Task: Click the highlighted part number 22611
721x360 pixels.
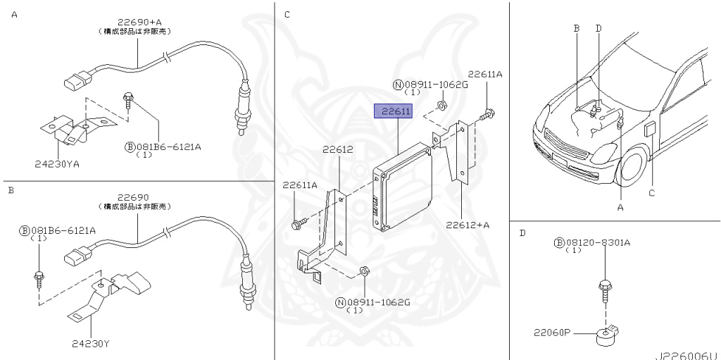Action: tap(393, 111)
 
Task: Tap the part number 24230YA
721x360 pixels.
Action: tap(56, 164)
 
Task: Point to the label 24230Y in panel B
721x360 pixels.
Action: tap(91, 343)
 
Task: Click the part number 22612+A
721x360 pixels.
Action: tap(468, 225)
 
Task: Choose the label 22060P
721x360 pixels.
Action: tap(552, 332)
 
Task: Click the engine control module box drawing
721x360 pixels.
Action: tap(403, 187)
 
